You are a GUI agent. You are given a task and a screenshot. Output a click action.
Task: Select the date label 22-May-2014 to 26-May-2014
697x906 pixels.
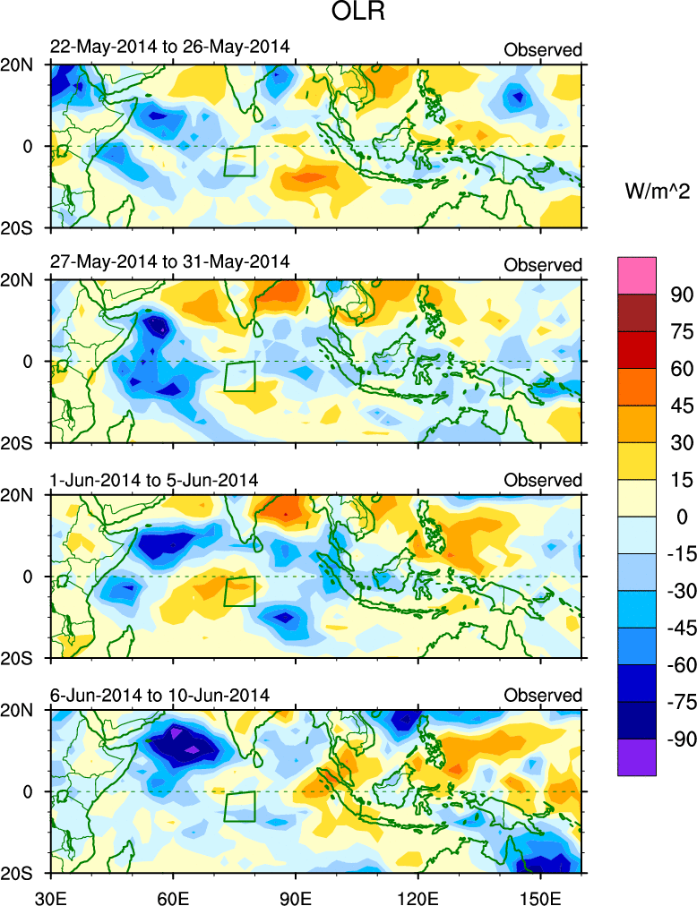click(169, 47)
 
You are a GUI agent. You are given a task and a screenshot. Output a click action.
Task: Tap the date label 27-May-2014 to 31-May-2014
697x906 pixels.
click(169, 263)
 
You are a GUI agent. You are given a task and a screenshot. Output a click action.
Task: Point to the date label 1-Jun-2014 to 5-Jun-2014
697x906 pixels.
click(154, 480)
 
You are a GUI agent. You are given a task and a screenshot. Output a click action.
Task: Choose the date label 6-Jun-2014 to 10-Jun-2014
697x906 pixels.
click(159, 696)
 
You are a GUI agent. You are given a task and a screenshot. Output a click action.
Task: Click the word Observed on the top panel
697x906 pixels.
click(543, 49)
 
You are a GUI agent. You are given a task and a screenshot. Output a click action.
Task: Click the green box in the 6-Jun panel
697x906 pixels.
click(239, 806)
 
